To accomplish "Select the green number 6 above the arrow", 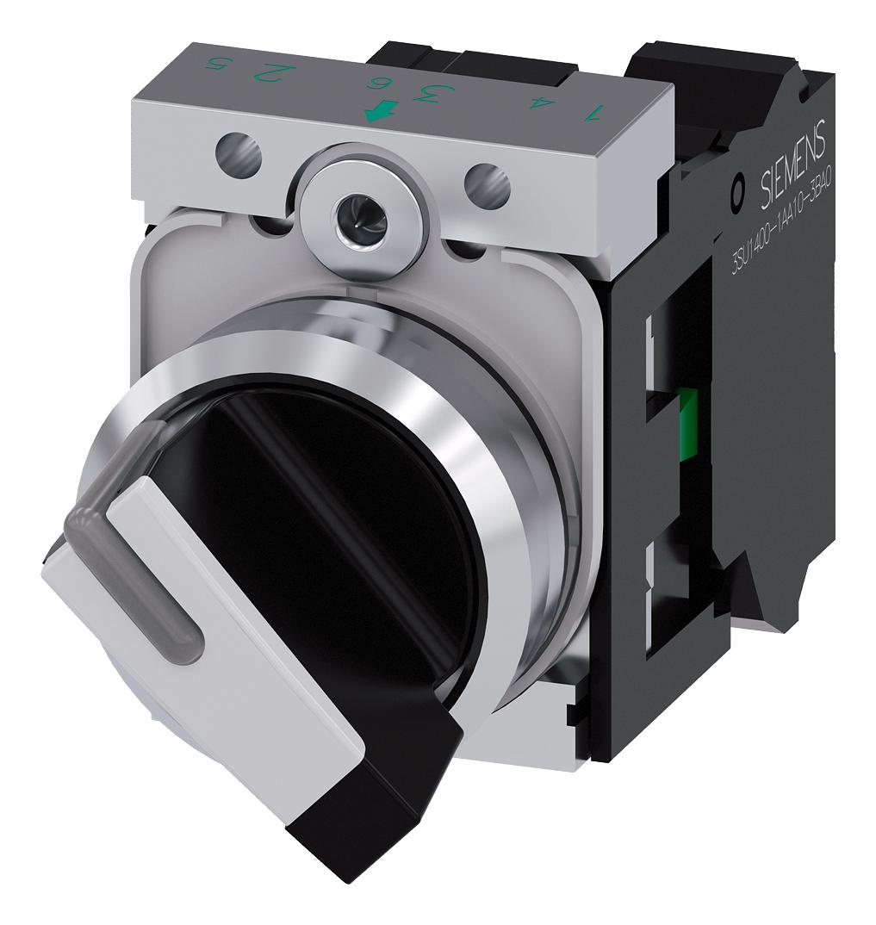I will tap(376, 84).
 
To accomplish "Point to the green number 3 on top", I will tap(424, 91).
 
